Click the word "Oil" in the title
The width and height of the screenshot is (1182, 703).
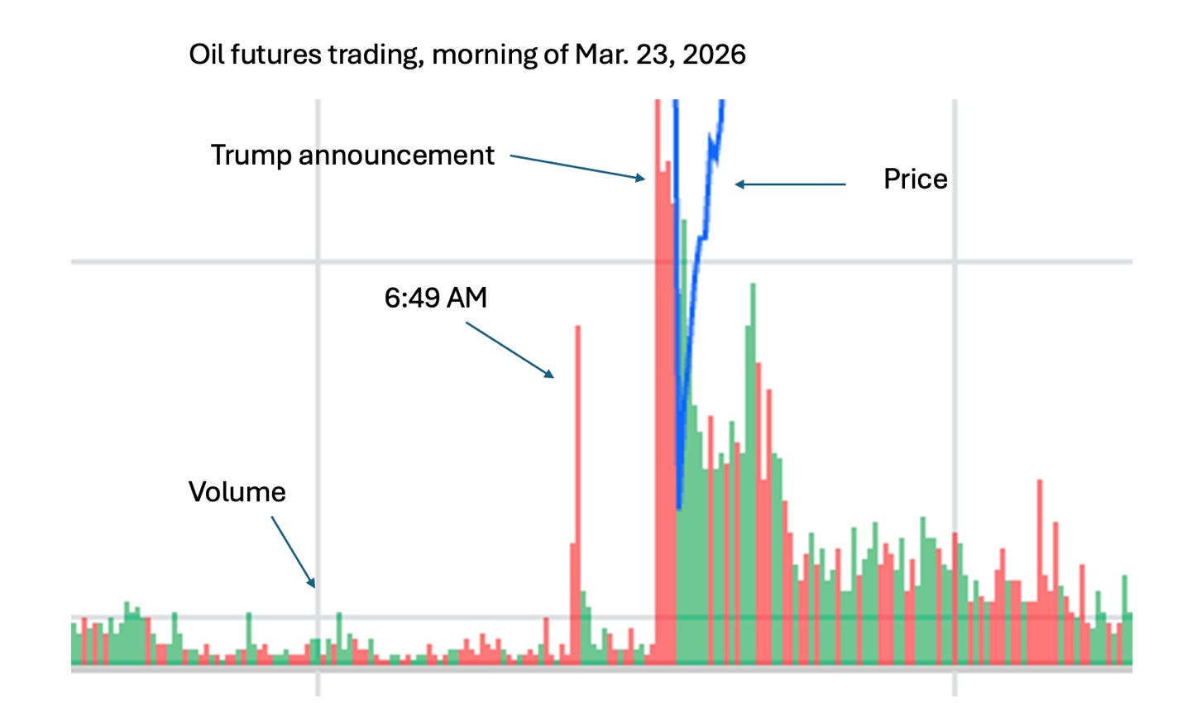pyautogui.click(x=206, y=55)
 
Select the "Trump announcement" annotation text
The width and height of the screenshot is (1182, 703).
pyautogui.click(x=352, y=155)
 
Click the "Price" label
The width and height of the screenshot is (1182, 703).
pyautogui.click(x=915, y=179)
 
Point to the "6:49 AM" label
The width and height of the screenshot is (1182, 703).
pyautogui.click(x=435, y=298)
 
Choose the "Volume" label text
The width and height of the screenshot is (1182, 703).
pyautogui.click(x=237, y=492)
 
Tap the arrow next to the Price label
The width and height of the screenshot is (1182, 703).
pyautogui.click(x=790, y=184)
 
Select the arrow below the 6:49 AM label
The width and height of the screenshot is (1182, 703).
pyautogui.click(x=510, y=350)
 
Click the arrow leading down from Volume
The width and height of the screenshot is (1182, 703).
pyautogui.click(x=293, y=552)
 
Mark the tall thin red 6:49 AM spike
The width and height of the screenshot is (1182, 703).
pyautogui.click(x=577, y=496)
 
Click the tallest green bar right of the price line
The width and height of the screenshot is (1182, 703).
pyautogui.click(x=753, y=471)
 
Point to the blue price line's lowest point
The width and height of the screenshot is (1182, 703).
pyautogui.click(x=678, y=506)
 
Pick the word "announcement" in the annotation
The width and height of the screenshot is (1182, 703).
pyautogui.click(x=396, y=155)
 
